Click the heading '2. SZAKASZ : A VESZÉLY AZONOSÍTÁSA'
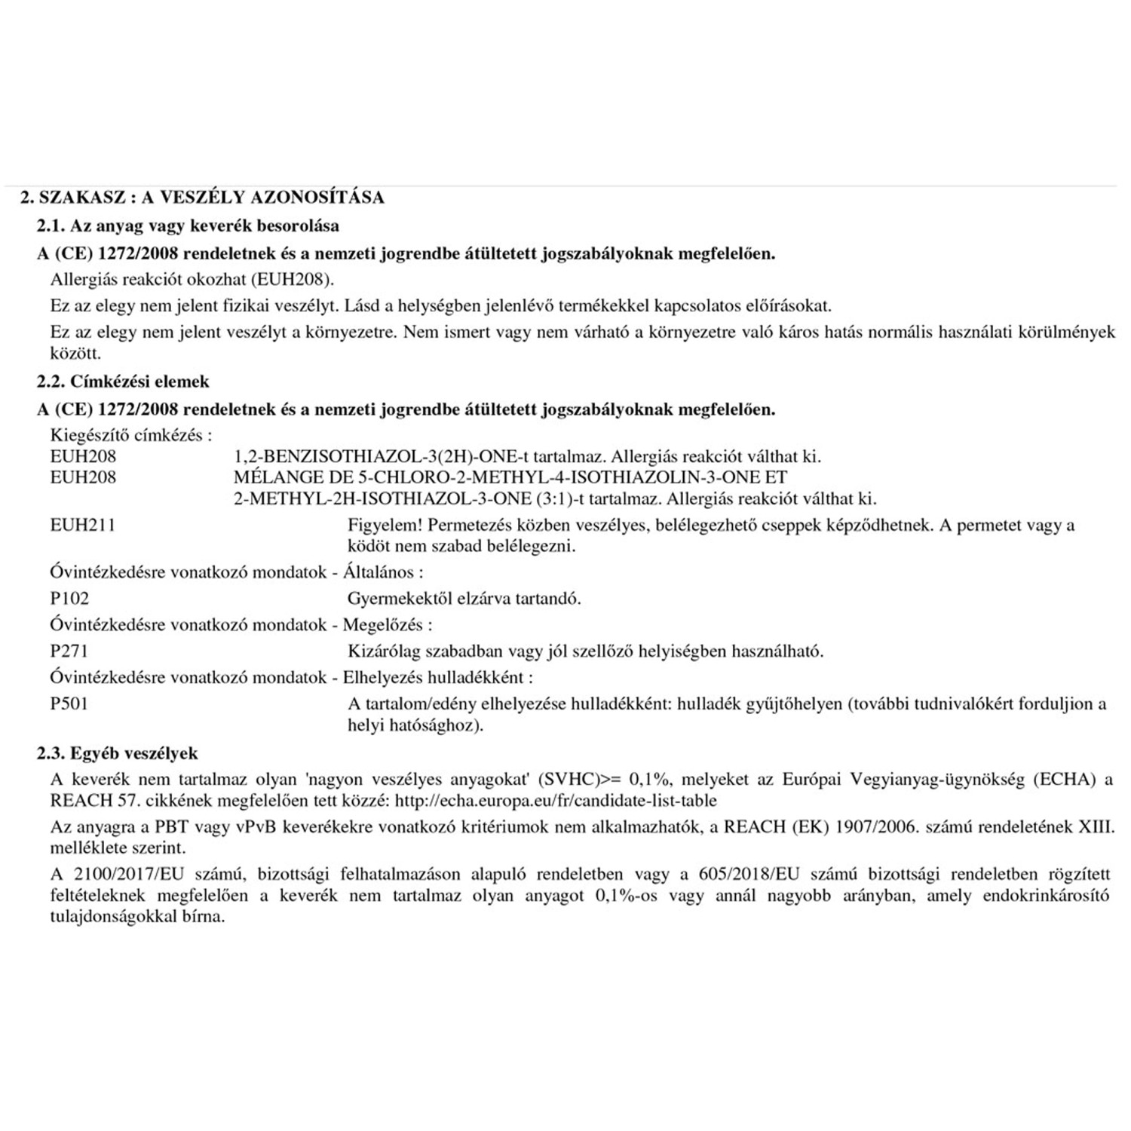click(x=202, y=198)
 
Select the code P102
click(x=69, y=599)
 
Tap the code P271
click(x=69, y=651)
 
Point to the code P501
click(x=69, y=703)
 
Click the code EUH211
click(x=83, y=525)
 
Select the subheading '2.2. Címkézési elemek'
click(x=124, y=382)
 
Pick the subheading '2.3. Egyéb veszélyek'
click(x=118, y=753)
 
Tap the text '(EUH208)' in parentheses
click(x=293, y=280)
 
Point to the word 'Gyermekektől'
click(x=396, y=599)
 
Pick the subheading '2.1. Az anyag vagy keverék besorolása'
click(x=188, y=225)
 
